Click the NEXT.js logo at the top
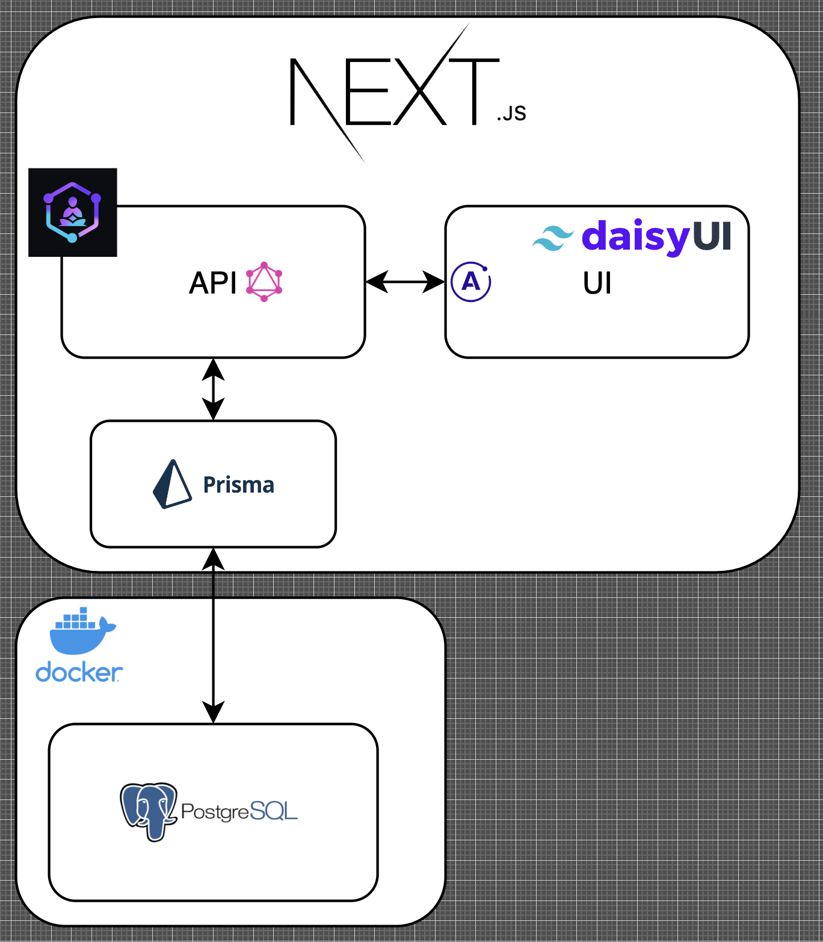[x=394, y=92]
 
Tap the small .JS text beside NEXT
[x=511, y=113]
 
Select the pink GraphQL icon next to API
[x=264, y=282]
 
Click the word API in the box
[x=213, y=282]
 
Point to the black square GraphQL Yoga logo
[x=73, y=212]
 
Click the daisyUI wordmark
[x=656, y=236]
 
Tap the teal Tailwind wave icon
[x=553, y=238]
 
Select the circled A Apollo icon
[x=471, y=282]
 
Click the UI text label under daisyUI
[x=597, y=283]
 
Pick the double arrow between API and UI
[x=405, y=282]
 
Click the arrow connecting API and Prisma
[x=214, y=389]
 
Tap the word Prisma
[x=239, y=485]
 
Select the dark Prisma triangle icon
[x=173, y=485]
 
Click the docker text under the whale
[x=79, y=673]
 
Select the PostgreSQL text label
[x=239, y=811]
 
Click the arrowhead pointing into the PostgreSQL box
[x=214, y=712]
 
